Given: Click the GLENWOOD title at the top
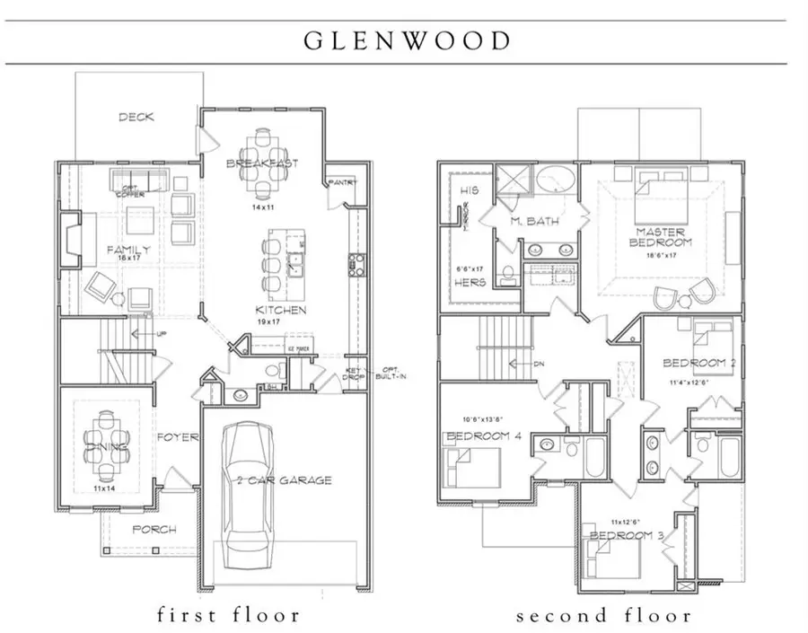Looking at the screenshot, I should pos(407,41).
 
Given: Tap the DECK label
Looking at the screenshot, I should pos(136,117).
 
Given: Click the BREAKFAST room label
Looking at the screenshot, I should pos(261,163).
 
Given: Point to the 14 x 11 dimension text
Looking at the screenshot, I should pos(261,207).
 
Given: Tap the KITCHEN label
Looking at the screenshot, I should pos(278,311).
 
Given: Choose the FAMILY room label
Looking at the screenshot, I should pos(127,250).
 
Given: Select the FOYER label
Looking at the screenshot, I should pos(177,438).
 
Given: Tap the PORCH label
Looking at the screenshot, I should pos(154,530).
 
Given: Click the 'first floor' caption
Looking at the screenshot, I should pos(227,615).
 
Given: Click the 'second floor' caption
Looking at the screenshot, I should pos(603,615).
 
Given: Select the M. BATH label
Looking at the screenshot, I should pos(528,222).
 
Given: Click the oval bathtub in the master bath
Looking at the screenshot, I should pos(558,180).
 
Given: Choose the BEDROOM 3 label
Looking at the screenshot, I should pos(626,536).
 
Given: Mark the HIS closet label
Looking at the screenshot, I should pos(470,191).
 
